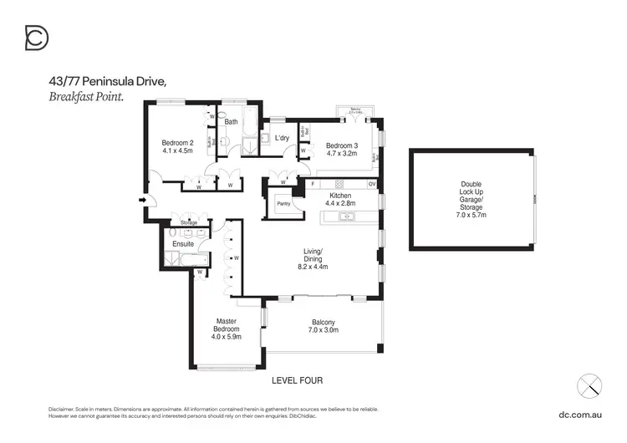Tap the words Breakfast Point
tap(86, 96)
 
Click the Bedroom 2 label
tap(177, 143)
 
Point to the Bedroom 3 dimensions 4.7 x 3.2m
tap(341, 154)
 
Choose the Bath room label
tap(231, 122)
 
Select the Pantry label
tap(278, 202)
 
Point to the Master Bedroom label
tap(227, 325)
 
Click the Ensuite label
tap(183, 244)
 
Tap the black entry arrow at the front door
tap(142, 201)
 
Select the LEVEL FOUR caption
tap(297, 380)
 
